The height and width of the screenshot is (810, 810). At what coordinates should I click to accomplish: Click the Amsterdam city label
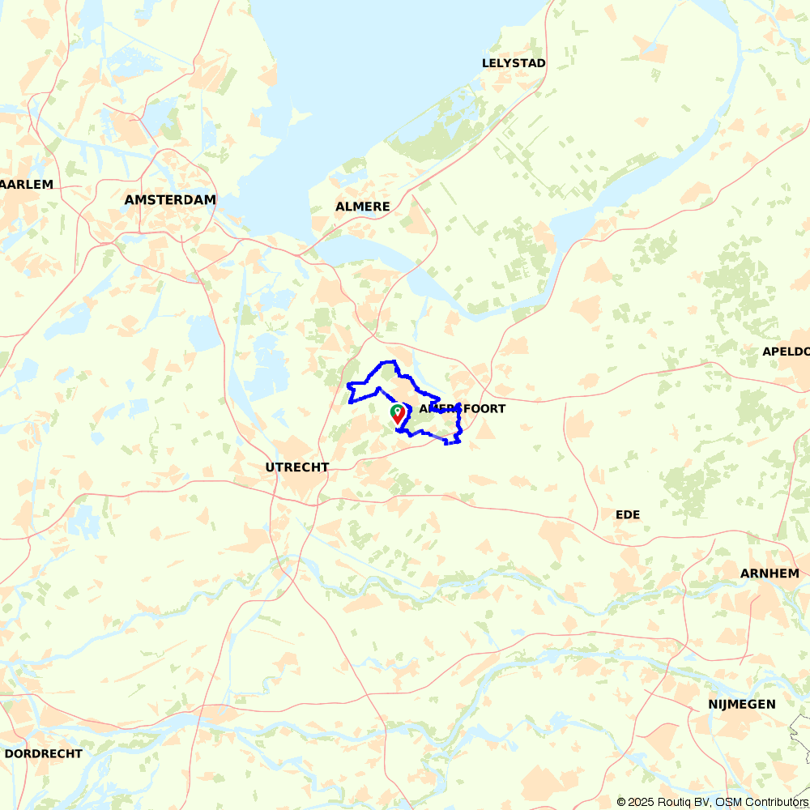coord(170,199)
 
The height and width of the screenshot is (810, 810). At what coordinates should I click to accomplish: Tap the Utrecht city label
coord(297,467)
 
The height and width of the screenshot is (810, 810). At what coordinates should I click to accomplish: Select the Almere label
coord(363,207)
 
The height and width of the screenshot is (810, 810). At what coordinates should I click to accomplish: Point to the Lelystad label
coord(514,63)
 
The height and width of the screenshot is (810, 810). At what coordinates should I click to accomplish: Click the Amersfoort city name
coord(463,409)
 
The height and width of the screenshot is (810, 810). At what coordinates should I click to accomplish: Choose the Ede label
coord(628,514)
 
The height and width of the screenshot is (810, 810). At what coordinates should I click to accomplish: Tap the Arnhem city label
coord(769,573)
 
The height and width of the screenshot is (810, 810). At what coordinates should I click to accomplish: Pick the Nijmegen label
coord(742,704)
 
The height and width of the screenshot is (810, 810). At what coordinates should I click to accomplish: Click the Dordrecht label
coord(44,753)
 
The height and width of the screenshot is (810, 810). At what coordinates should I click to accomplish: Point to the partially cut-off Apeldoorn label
coord(786,352)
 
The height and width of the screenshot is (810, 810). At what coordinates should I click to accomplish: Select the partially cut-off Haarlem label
coord(26,185)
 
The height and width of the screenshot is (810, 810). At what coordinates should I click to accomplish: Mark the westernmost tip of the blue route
coord(347,386)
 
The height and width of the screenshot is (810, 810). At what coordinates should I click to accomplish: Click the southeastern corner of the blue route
coord(458,441)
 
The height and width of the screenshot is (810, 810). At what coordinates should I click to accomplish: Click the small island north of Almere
coord(300,118)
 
